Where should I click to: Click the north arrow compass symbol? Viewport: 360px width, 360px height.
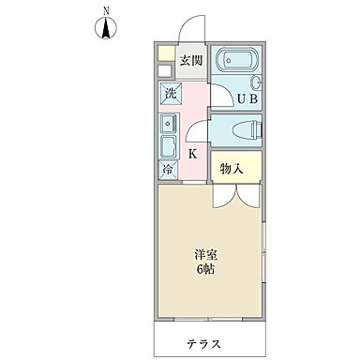pyautogui.click(x=106, y=29)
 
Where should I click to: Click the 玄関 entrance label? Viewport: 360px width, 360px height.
pyautogui.click(x=191, y=60)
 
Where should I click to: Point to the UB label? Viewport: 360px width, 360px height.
pyautogui.click(x=246, y=97)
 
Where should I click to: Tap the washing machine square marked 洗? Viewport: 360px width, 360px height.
pyautogui.click(x=170, y=94)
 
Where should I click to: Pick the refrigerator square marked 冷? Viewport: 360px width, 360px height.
pyautogui.click(x=169, y=172)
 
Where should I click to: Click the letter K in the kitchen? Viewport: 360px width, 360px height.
pyautogui.click(x=191, y=154)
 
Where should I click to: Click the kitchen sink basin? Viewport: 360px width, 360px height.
pyautogui.click(x=169, y=146)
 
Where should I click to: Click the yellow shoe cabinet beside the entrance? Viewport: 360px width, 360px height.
pyautogui.click(x=165, y=52)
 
